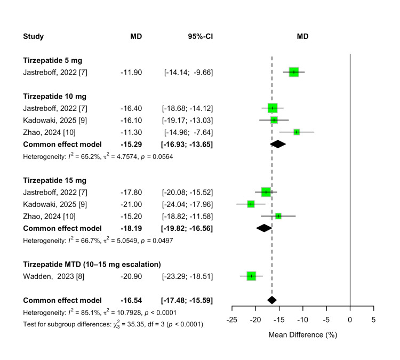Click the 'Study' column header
(33, 37)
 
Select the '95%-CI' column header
(197, 37)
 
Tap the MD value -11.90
(131, 72)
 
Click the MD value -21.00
(131, 204)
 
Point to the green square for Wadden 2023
(251, 276)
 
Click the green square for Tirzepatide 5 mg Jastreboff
(293, 72)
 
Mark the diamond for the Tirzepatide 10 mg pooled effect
(277, 144)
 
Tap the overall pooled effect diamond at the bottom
(271, 300)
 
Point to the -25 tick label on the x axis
(232, 320)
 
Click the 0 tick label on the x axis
(350, 320)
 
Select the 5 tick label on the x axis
(373, 320)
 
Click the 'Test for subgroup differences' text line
(113, 324)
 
